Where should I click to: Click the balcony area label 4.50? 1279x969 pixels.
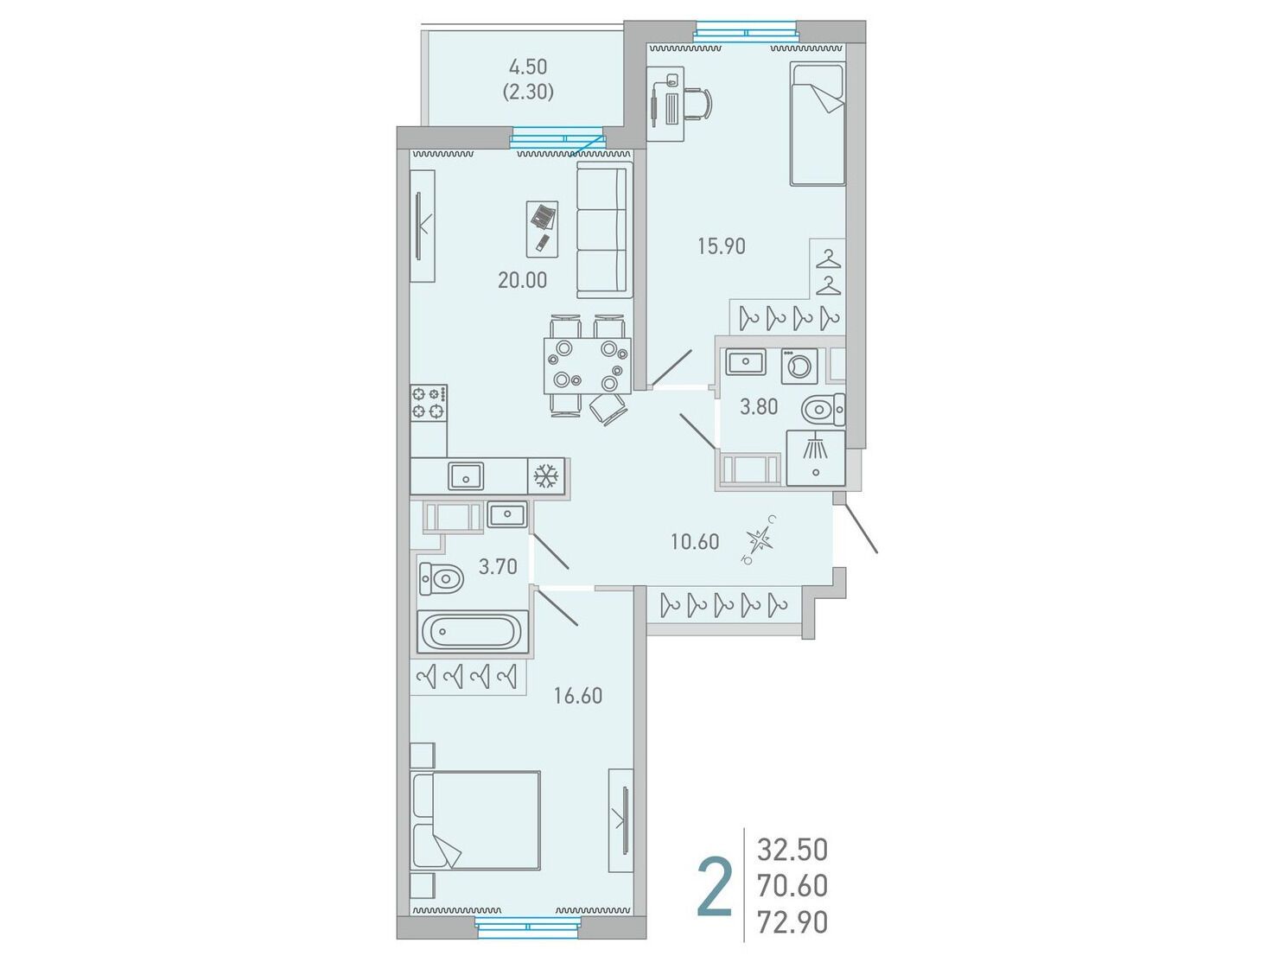(x=528, y=67)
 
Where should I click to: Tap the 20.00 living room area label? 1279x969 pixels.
(x=522, y=280)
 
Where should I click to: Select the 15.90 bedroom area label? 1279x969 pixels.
(x=722, y=246)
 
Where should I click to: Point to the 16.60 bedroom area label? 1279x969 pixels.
(x=578, y=696)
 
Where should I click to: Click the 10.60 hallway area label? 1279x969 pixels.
(x=695, y=542)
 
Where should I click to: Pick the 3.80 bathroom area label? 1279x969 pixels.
(x=759, y=407)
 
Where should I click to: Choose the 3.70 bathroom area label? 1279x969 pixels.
(x=498, y=566)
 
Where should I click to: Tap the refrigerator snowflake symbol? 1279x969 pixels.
(x=546, y=476)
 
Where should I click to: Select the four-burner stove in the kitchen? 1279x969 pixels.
(x=429, y=402)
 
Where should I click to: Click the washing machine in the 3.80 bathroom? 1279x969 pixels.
(x=799, y=367)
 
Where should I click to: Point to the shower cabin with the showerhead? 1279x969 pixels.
(x=815, y=458)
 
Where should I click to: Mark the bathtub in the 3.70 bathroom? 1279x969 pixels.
(x=473, y=632)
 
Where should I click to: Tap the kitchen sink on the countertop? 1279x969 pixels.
(x=466, y=476)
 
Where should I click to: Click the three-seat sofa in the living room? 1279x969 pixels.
(x=605, y=230)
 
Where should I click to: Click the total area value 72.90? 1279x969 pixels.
(x=792, y=923)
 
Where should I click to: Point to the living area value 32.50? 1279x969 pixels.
(x=792, y=851)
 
